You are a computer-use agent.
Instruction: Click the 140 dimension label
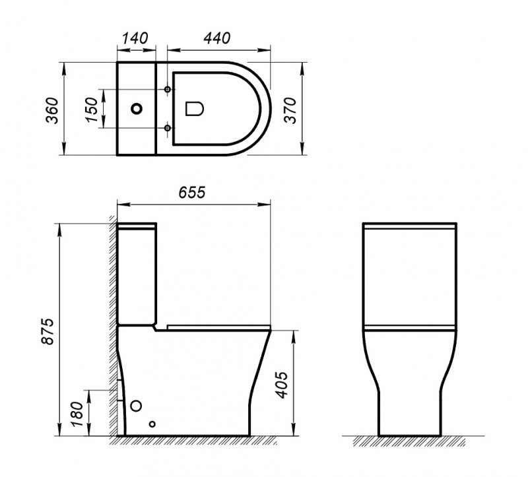[135, 38]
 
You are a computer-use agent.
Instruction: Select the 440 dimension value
[218, 38]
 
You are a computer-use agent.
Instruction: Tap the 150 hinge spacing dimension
[92, 109]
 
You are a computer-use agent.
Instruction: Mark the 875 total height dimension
[48, 330]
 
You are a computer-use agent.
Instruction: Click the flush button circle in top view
[137, 109]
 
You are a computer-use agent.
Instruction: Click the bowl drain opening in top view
[195, 109]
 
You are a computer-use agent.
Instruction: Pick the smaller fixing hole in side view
[152, 424]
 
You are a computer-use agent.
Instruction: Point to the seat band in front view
[411, 327]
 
